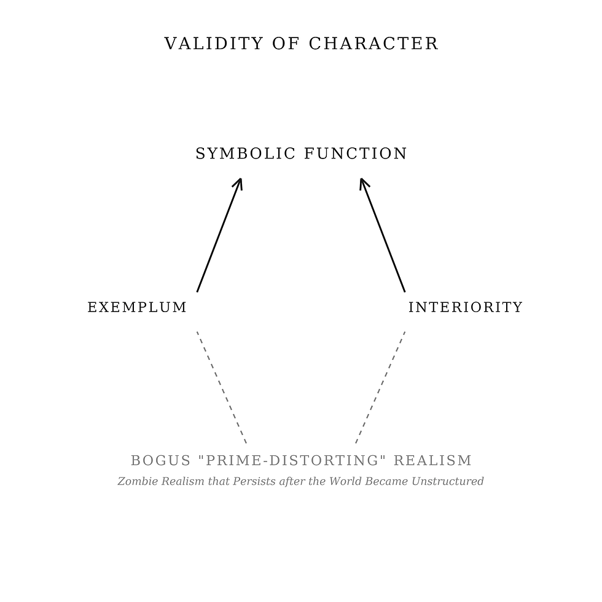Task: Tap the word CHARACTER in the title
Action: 373,44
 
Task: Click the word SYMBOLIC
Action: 244,154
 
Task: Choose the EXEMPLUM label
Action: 137,307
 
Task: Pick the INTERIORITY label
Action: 465,307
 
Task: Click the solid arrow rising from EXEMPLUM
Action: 218,237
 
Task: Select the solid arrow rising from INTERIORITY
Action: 383,237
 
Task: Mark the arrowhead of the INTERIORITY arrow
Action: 362,182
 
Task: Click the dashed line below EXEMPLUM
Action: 222,387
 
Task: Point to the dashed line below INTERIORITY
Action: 380,387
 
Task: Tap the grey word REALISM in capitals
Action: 432,461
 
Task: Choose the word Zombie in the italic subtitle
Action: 133,482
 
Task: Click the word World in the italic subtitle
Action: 346,482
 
